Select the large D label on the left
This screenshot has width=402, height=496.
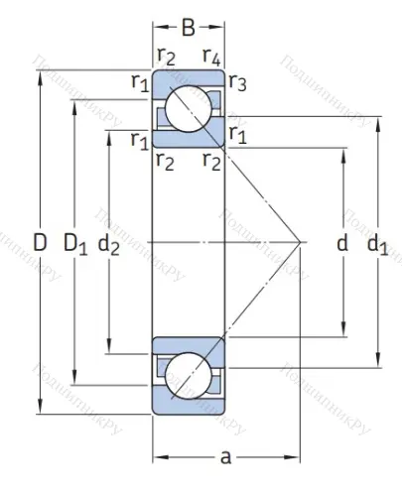(x=39, y=241)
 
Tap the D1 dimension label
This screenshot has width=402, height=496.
(x=75, y=242)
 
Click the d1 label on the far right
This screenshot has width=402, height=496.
(x=377, y=242)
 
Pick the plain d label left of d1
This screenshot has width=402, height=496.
(x=343, y=242)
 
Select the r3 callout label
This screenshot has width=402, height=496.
(x=238, y=83)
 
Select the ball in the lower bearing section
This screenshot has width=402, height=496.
(x=189, y=375)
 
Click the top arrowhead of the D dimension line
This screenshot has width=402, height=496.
(x=39, y=74)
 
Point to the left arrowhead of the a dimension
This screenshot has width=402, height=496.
(x=157, y=456)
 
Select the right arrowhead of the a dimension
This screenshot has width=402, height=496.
(x=297, y=456)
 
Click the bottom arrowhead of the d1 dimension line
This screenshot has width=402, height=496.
(x=377, y=362)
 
